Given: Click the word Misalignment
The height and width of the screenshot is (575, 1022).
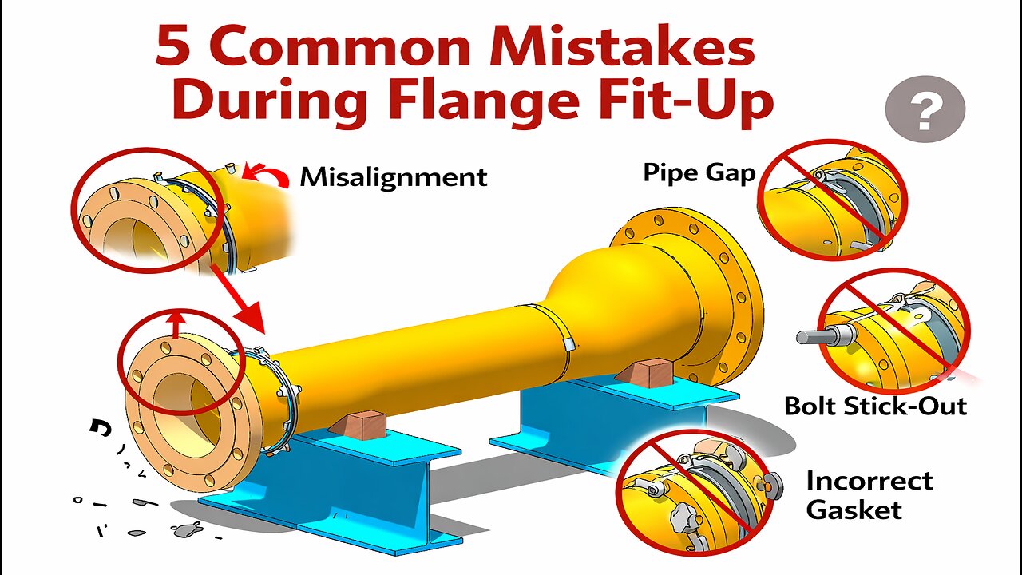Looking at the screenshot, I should coord(393,176).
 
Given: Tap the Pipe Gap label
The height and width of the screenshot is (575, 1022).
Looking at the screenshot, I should coord(699,172).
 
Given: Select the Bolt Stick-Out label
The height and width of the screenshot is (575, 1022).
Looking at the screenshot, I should coord(875,406).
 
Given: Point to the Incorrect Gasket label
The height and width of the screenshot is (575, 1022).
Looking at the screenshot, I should coord(869,495).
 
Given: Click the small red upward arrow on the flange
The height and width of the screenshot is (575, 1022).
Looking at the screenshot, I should coord(177,323).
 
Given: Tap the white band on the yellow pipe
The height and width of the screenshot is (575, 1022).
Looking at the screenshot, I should coord(569,343).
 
